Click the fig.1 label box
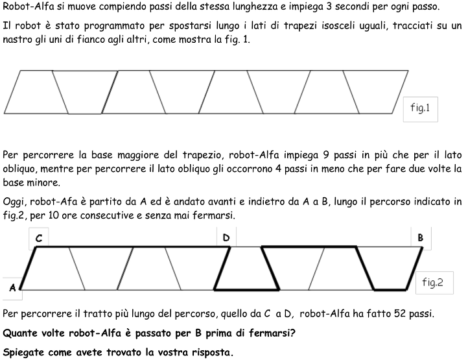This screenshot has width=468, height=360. tap(420, 108)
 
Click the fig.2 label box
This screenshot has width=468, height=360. tap(432, 282)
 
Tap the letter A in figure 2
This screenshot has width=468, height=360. tap(12, 288)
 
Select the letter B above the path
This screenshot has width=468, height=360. tap(420, 238)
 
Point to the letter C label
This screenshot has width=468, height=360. tap(39, 239)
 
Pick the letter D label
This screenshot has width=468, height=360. tap(226, 238)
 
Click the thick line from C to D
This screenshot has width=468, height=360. tap(130, 247)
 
